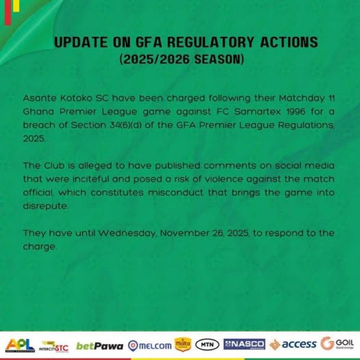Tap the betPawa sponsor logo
[99, 346]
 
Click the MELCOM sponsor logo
[150, 346]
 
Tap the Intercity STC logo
[53, 347]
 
